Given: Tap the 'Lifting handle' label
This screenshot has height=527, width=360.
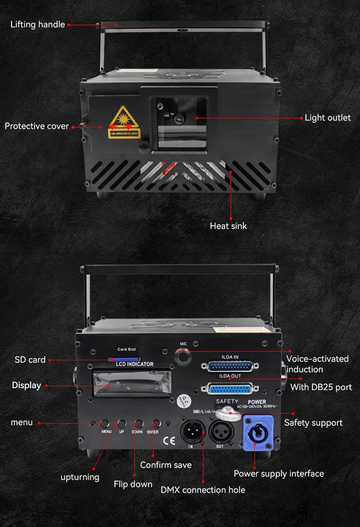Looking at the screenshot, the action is pyautogui.click(x=37, y=25).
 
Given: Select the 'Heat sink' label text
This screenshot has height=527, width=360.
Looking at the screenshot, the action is pyautogui.click(x=228, y=226).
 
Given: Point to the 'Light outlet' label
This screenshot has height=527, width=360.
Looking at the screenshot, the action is pyautogui.click(x=327, y=118).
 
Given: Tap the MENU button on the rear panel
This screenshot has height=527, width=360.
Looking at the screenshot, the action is pyautogui.click(x=105, y=424).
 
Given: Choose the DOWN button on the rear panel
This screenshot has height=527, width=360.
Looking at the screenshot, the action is pyautogui.click(x=138, y=424).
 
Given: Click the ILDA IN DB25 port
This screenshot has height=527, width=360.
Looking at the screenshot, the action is pyautogui.click(x=228, y=366).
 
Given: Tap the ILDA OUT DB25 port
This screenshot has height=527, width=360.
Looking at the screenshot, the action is pyautogui.click(x=229, y=388).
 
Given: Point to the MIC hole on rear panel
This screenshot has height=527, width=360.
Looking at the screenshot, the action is pyautogui.click(x=182, y=356).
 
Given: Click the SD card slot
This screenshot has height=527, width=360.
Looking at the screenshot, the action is pyautogui.click(x=124, y=358).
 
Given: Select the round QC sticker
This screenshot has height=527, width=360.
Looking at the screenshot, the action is pyautogui.click(x=183, y=400).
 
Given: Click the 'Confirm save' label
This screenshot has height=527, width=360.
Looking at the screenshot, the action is pyautogui.click(x=166, y=465).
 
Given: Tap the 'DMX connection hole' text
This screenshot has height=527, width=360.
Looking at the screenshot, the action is pyautogui.click(x=203, y=490).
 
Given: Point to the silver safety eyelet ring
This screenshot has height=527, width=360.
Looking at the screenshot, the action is pyautogui.click(x=225, y=412).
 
